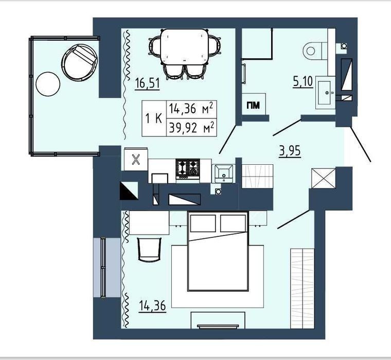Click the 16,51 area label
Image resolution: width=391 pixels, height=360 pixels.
(x=147, y=83)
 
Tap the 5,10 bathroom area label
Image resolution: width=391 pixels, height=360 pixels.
(x=303, y=81)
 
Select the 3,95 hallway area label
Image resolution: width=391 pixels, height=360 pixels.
(x=290, y=151)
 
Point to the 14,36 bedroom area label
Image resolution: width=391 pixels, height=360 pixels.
(x=152, y=305)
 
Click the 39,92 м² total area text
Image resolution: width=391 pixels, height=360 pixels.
(x=191, y=128)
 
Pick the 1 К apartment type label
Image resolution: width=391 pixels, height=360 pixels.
(x=154, y=118)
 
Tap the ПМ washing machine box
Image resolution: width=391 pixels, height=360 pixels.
(x=253, y=105)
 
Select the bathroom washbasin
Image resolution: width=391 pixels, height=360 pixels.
(x=326, y=93)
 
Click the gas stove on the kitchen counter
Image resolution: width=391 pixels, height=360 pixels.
(x=188, y=168)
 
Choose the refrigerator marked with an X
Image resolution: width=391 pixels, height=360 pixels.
(x=136, y=159)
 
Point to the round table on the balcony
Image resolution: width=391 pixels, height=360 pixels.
(x=48, y=84)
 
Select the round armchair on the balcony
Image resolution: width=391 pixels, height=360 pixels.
(x=79, y=62)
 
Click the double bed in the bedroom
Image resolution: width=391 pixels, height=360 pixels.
(x=218, y=251)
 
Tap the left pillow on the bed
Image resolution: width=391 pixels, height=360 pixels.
(x=203, y=223)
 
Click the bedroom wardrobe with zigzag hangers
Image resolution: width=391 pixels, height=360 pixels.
(x=302, y=288)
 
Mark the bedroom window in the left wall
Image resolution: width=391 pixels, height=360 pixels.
(x=103, y=267)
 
